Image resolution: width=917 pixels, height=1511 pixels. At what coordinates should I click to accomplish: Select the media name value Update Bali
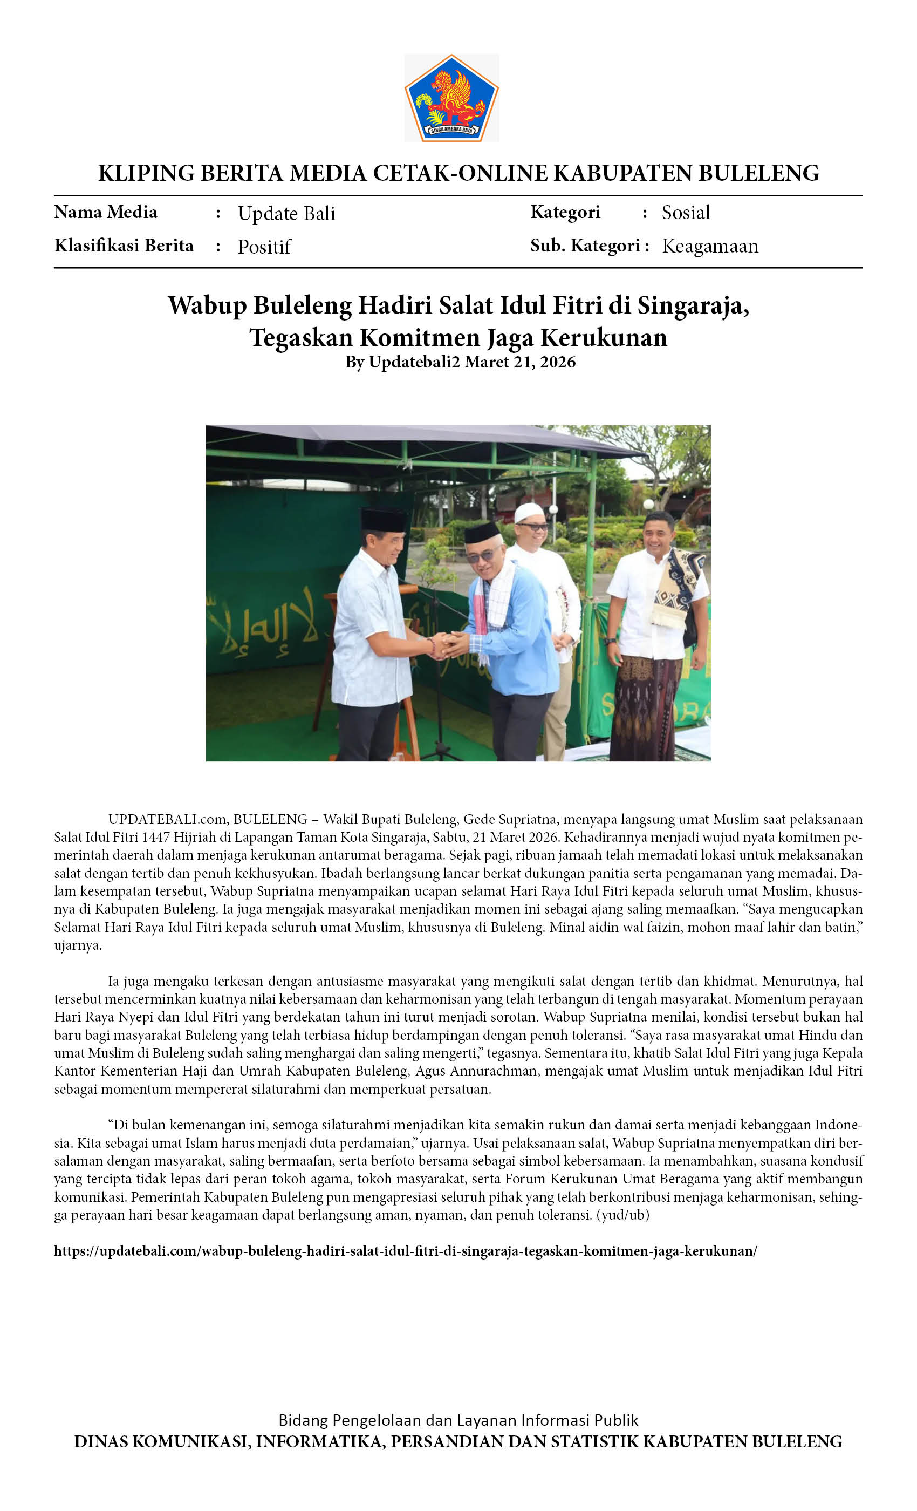[286, 213]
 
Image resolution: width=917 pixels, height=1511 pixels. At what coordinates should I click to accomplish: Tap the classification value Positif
[264, 247]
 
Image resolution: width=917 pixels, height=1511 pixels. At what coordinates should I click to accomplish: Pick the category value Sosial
[685, 213]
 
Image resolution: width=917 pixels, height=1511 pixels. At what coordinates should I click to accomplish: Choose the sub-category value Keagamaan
[710, 246]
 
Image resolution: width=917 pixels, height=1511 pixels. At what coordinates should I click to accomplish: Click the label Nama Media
[105, 212]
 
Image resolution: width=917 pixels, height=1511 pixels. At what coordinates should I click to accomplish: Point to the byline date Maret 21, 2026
[520, 362]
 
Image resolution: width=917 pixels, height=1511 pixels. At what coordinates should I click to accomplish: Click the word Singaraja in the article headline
[692, 305]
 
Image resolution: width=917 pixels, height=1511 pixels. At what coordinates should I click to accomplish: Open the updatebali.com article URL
[405, 1251]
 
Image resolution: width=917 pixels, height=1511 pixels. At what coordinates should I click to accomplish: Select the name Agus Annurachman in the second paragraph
[477, 1071]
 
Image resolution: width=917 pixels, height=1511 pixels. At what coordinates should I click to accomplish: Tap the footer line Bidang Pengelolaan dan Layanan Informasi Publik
[458, 1420]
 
